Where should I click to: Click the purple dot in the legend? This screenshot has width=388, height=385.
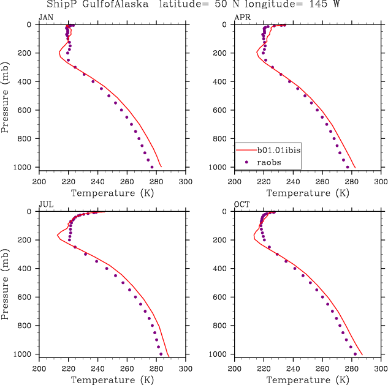(246, 162)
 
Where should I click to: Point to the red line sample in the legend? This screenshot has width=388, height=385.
(246, 149)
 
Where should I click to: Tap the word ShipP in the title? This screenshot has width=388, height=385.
(60, 5)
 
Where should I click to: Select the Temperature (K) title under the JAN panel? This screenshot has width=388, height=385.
(112, 193)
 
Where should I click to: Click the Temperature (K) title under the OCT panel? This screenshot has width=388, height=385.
(308, 380)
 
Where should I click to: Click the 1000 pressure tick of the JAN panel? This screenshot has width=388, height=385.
(26, 168)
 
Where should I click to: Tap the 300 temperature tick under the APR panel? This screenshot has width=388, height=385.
(381, 182)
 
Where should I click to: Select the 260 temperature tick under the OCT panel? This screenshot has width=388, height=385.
(322, 369)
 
